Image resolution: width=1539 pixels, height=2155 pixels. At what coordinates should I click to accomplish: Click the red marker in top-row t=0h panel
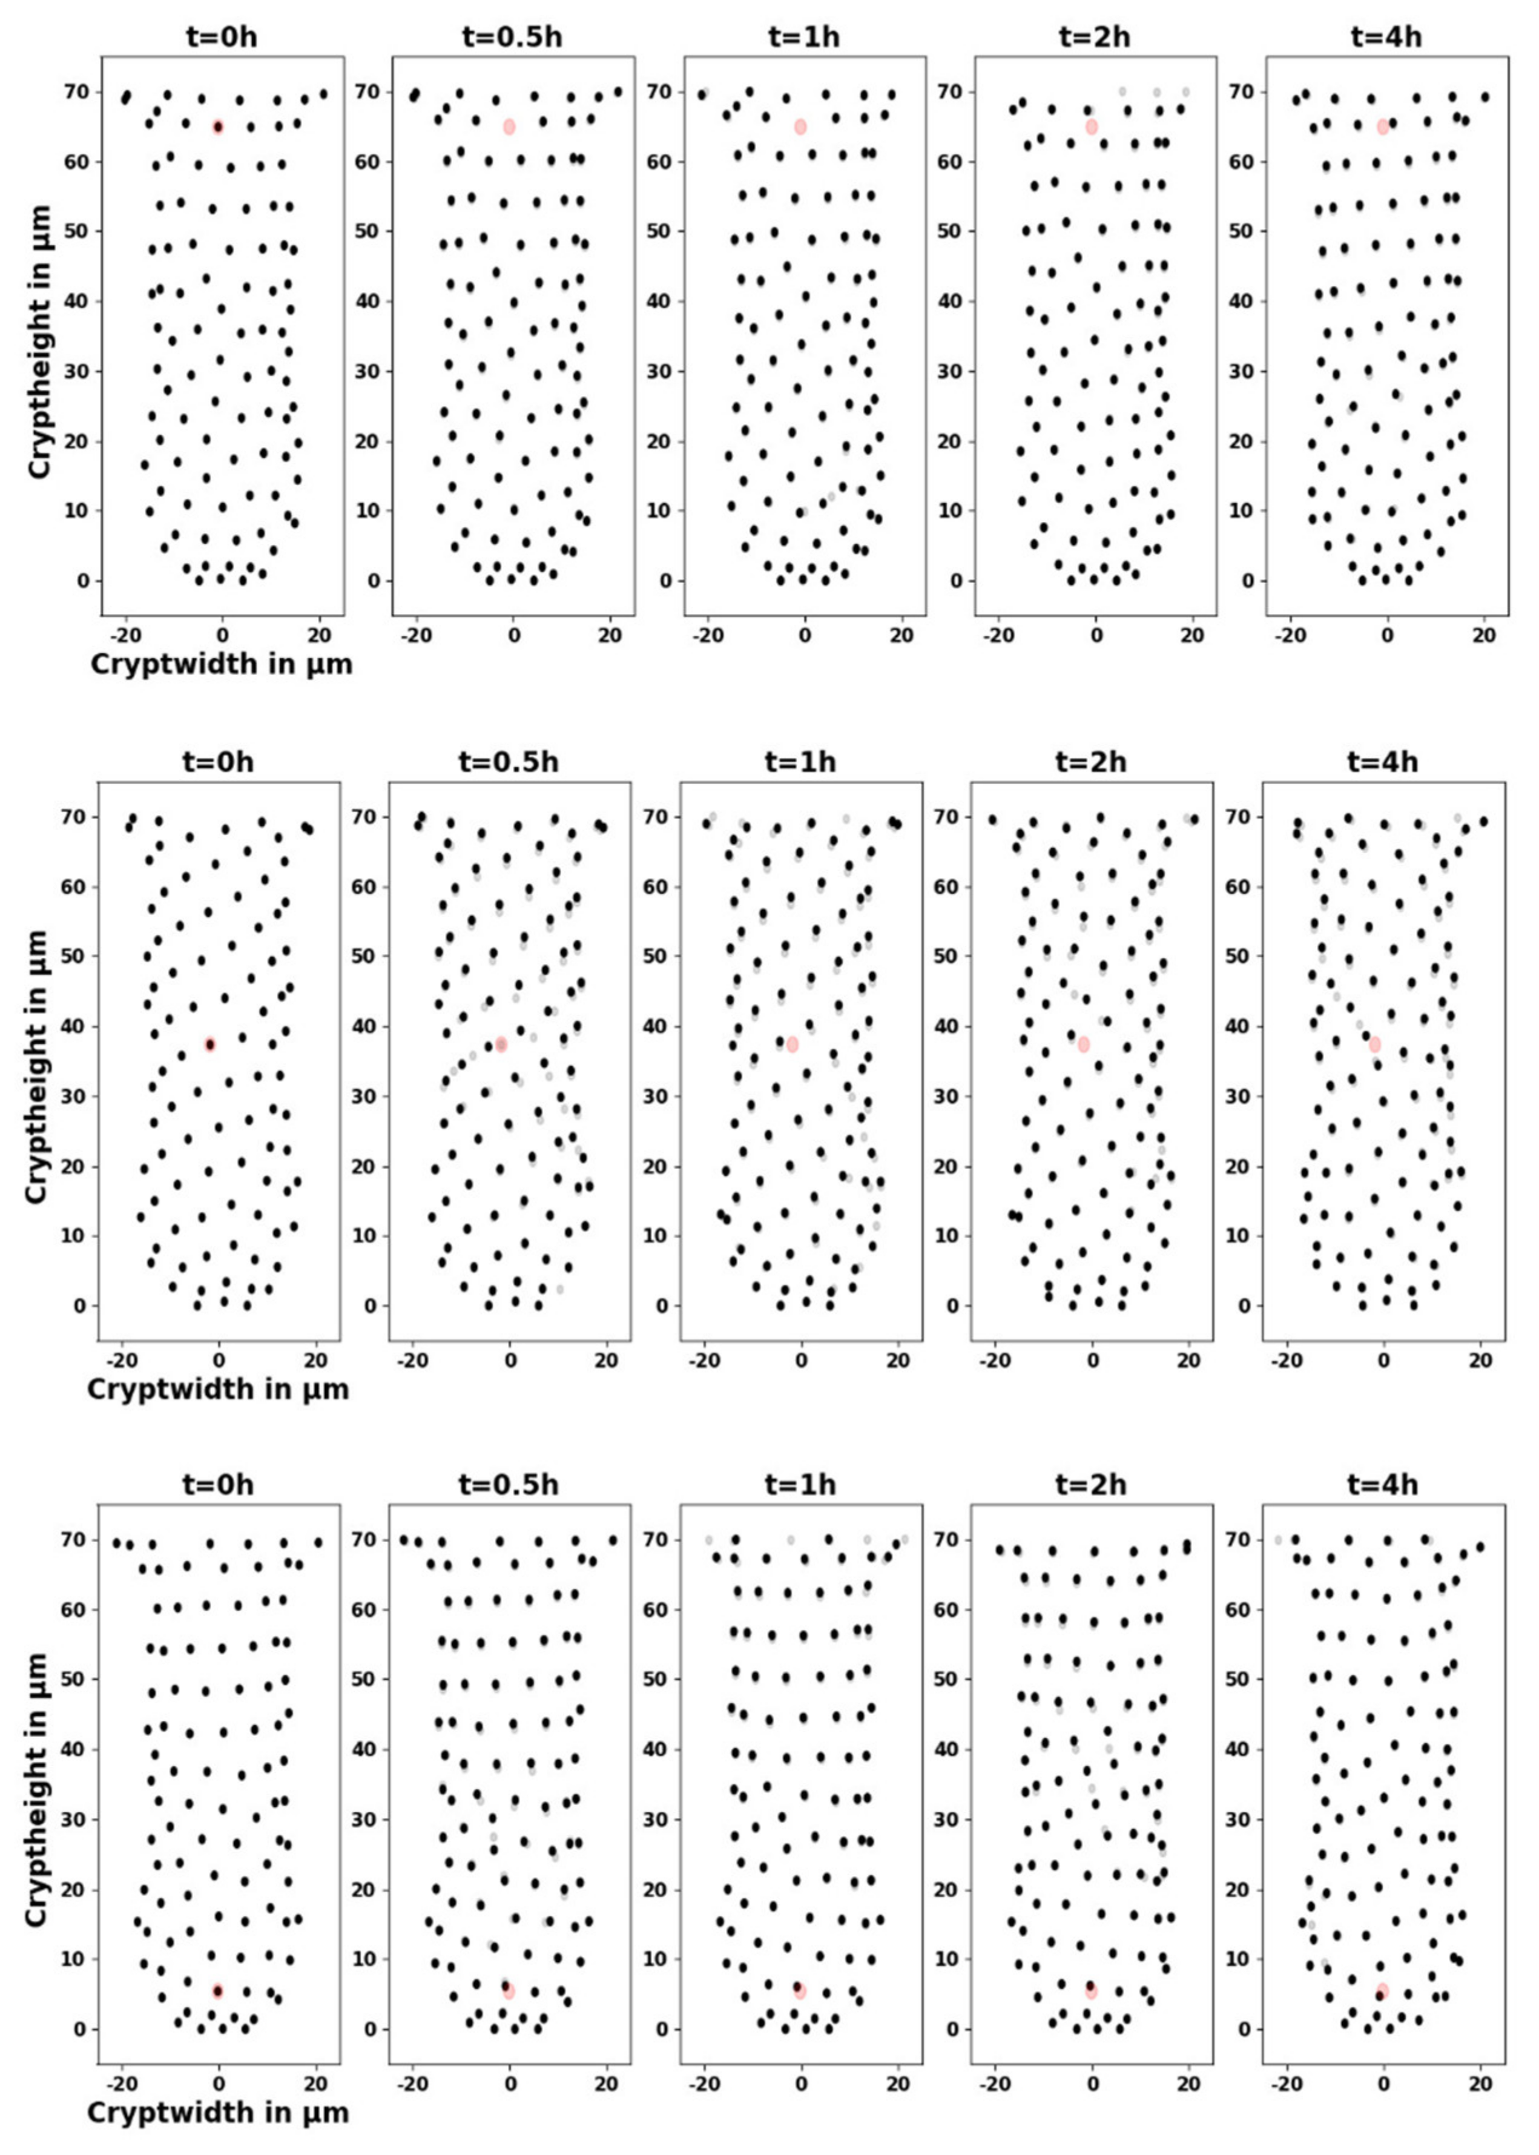(x=218, y=127)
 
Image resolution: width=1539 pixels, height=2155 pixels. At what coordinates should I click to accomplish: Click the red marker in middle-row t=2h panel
(x=1083, y=1044)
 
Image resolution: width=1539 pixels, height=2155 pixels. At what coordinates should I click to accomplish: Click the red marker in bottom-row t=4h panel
(x=1382, y=1991)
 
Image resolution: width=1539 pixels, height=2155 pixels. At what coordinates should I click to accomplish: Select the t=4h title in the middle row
(x=1383, y=762)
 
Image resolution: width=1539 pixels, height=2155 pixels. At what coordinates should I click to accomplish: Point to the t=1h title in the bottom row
(x=801, y=1484)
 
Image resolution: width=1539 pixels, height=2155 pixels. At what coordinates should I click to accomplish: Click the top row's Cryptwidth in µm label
(x=222, y=664)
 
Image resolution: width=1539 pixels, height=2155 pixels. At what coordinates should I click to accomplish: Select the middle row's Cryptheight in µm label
(x=36, y=1067)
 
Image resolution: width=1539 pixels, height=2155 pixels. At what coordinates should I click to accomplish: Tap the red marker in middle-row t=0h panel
(x=210, y=1044)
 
